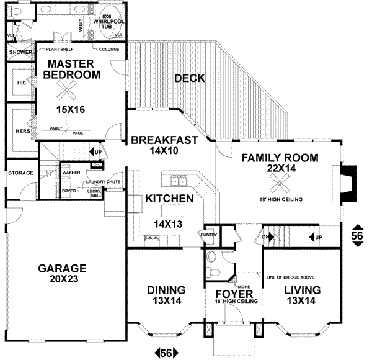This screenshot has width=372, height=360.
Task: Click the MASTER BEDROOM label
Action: [72, 70]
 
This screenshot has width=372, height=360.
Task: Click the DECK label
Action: [190, 78]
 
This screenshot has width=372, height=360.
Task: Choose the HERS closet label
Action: [22, 131]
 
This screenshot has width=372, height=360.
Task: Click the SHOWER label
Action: [20, 52]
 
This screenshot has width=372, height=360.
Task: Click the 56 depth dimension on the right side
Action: [358, 235]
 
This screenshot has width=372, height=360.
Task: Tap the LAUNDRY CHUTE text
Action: [91, 182]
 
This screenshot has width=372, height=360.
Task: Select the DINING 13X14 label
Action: [166, 295]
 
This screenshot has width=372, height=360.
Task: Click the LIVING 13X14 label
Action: [302, 295]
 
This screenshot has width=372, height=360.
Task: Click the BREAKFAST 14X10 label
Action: [164, 145]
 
